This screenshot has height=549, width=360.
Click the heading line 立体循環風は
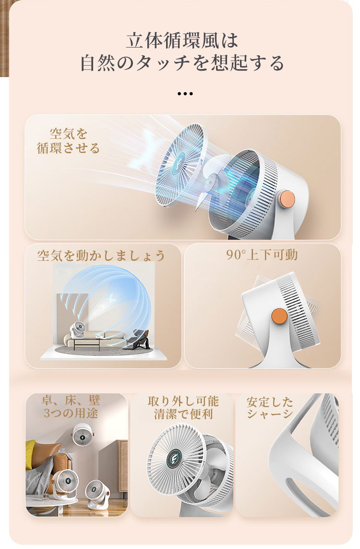click(x=181, y=40)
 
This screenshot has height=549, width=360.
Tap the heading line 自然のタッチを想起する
click(x=182, y=63)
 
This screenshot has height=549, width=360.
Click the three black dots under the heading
click(x=185, y=94)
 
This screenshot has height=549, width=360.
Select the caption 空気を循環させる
click(x=68, y=141)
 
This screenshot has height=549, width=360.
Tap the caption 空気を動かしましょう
click(x=101, y=255)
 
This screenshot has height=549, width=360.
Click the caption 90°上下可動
click(x=262, y=255)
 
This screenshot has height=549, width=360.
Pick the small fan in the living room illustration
click(x=77, y=330)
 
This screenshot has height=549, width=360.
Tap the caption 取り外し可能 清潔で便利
click(x=183, y=408)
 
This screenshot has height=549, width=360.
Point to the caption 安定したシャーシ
click(x=270, y=408)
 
